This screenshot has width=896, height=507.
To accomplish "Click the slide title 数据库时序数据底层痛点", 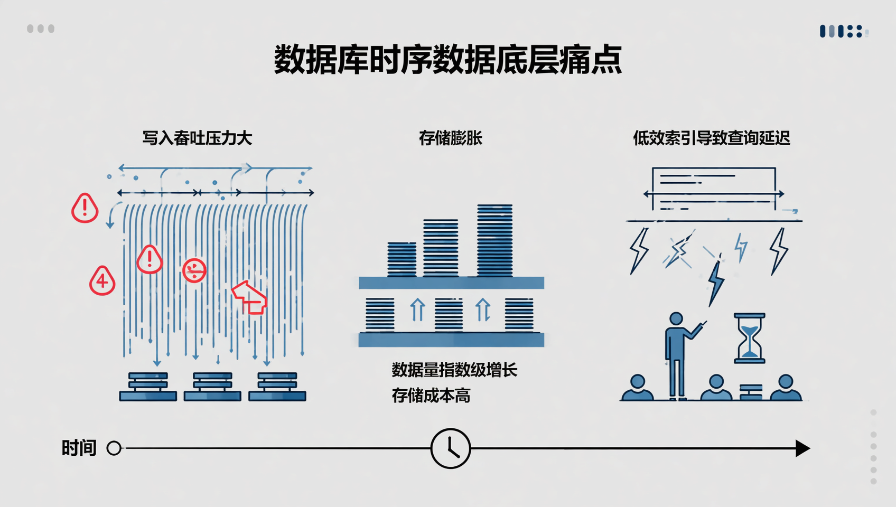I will coord(447,59).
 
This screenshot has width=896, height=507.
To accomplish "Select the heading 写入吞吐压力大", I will coord(197,138).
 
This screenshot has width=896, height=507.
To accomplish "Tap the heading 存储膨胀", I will coord(450,138).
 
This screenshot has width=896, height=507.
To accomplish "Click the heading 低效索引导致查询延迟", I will coord(711,138).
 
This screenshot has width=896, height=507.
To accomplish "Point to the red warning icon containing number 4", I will coord(102,280).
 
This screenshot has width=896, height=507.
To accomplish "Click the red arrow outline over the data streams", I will coord(250,297).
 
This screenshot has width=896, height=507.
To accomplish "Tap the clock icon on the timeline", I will coord(450,448).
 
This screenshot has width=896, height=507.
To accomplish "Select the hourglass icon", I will coord(749,338).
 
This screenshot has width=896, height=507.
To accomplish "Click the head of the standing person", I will coord(676,319).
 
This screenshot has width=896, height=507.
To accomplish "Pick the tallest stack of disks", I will coord(494,240).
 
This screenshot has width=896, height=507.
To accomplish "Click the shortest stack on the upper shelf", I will coord(402,259).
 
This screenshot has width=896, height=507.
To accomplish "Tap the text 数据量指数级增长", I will coord(454,370).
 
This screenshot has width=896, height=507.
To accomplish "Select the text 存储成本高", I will coord(431,396).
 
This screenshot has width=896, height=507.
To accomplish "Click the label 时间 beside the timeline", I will coord(79,448).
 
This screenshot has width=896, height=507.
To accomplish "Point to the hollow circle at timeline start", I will coord(114,448).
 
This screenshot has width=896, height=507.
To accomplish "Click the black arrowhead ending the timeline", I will coord(802,448).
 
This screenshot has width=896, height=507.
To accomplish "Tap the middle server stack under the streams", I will coord(212,387).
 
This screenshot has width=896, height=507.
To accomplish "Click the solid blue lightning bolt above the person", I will coord(715,283).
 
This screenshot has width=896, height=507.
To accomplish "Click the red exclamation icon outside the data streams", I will coord(85,208).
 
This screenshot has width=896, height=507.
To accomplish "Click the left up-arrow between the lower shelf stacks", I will coord(417,310).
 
